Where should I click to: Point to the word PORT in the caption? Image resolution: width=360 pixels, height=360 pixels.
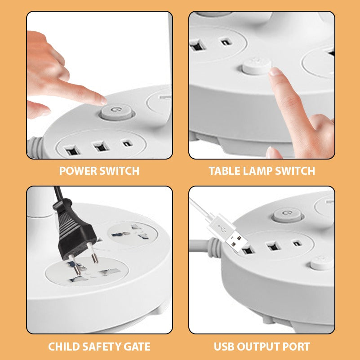pos(294,347)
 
